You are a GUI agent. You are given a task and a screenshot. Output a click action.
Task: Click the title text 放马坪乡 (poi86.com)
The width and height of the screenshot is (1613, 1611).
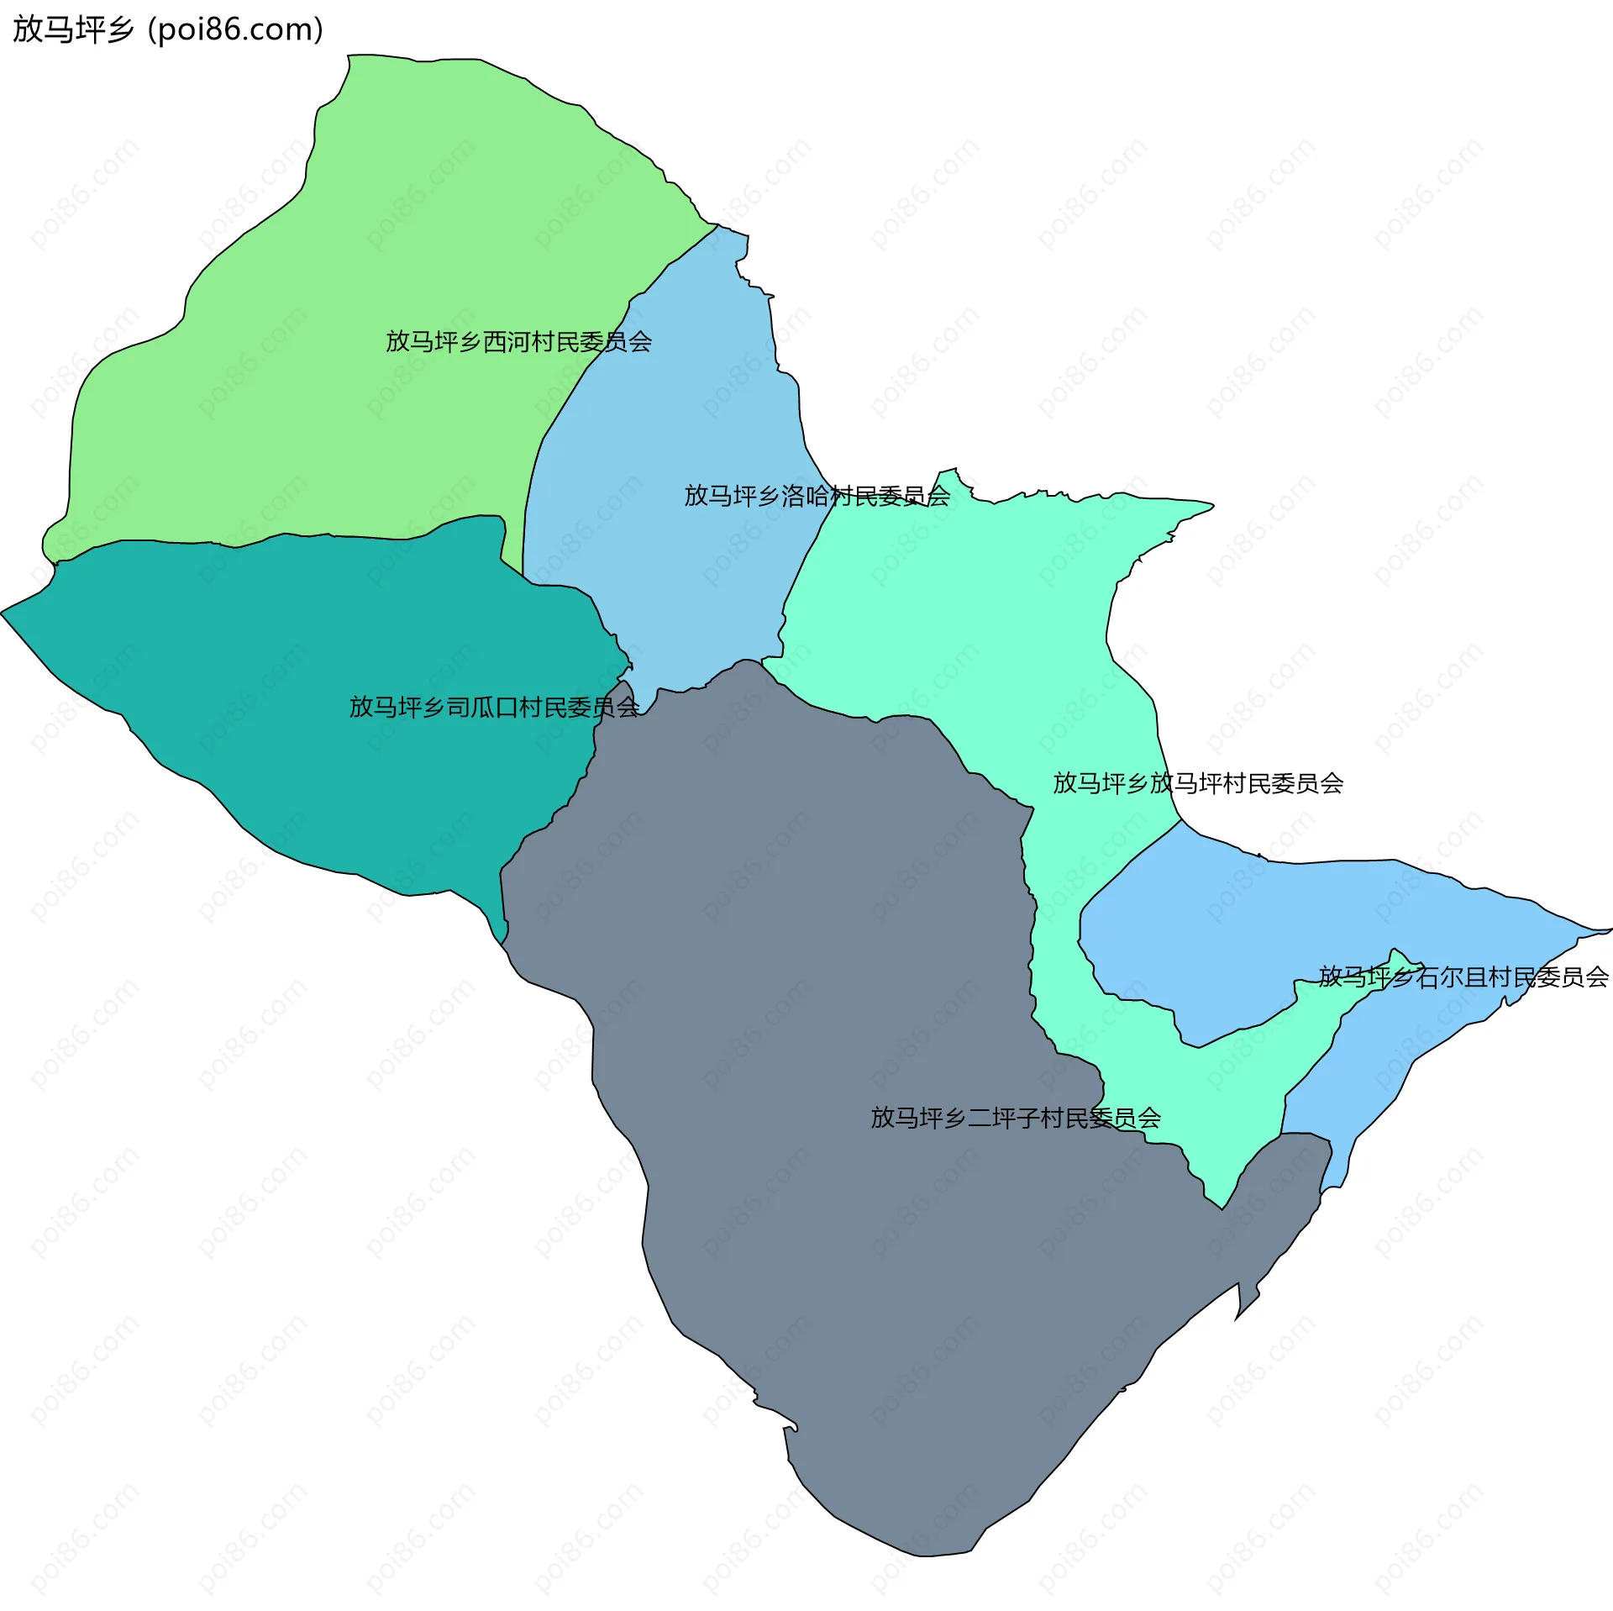point(168,29)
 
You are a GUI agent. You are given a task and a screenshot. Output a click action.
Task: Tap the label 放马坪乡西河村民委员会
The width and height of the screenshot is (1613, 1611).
point(518,342)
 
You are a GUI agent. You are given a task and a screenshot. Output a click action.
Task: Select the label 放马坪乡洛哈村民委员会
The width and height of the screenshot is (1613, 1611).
point(817,497)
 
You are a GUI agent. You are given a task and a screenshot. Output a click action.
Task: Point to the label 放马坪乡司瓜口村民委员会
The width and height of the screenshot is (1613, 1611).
point(494,708)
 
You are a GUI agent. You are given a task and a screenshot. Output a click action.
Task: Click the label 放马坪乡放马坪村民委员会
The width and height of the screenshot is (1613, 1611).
point(1198,784)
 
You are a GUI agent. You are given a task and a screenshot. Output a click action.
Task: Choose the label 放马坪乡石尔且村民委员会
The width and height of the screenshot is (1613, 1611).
point(1463,977)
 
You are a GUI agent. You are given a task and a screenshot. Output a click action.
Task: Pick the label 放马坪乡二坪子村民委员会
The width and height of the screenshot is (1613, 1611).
point(1015,1118)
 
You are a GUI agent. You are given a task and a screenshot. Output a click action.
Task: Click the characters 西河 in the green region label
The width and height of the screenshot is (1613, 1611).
point(507,342)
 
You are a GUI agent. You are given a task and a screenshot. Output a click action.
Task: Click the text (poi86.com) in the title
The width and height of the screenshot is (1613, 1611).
point(235,29)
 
